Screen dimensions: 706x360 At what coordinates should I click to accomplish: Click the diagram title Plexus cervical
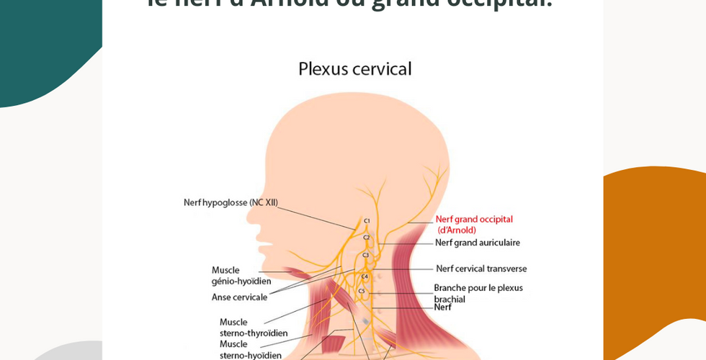pyautogui.click(x=354, y=69)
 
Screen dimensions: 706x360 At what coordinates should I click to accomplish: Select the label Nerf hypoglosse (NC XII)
pyautogui.click(x=231, y=202)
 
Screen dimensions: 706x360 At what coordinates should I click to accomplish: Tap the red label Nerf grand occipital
pyautogui.click(x=474, y=219)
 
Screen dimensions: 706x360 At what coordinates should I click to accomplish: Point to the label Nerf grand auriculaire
pyautogui.click(x=477, y=243)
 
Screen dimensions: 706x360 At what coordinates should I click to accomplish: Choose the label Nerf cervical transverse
pyautogui.click(x=481, y=269)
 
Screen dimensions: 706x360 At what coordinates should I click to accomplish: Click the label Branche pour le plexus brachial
pyautogui.click(x=478, y=293)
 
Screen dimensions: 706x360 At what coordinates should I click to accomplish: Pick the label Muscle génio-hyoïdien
pyautogui.click(x=241, y=276)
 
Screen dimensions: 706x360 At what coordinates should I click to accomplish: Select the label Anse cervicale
pyautogui.click(x=239, y=297)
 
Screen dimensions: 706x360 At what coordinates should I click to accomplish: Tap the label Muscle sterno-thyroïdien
pyautogui.click(x=254, y=328)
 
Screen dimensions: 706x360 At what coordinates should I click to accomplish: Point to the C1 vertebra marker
pyautogui.click(x=367, y=221)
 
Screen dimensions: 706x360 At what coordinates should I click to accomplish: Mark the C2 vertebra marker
pyautogui.click(x=366, y=238)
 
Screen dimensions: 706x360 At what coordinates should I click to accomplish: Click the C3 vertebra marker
pyautogui.click(x=365, y=255)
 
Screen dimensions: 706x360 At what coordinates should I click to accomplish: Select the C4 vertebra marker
pyautogui.click(x=364, y=276)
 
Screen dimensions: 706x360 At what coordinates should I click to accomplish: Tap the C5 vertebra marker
pyautogui.click(x=362, y=291)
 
